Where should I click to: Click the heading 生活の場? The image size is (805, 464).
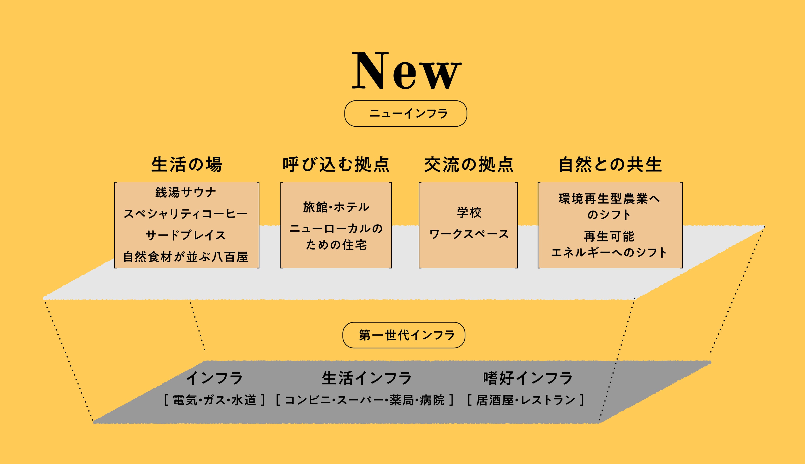point(187,165)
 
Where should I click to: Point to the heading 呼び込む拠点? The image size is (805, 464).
point(336,165)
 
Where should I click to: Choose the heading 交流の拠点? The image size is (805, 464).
point(469,165)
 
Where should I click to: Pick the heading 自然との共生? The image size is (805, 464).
point(610,165)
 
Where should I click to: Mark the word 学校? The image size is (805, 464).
point(469,213)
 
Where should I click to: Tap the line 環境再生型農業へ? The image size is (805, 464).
point(609,199)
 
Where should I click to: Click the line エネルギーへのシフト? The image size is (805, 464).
point(609,252)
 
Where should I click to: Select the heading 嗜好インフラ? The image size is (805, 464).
point(528,378)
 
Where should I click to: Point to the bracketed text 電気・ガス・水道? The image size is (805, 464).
point(214,400)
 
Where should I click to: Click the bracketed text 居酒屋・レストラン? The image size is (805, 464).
point(526,400)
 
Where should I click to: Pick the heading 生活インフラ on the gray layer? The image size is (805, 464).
point(367,378)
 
